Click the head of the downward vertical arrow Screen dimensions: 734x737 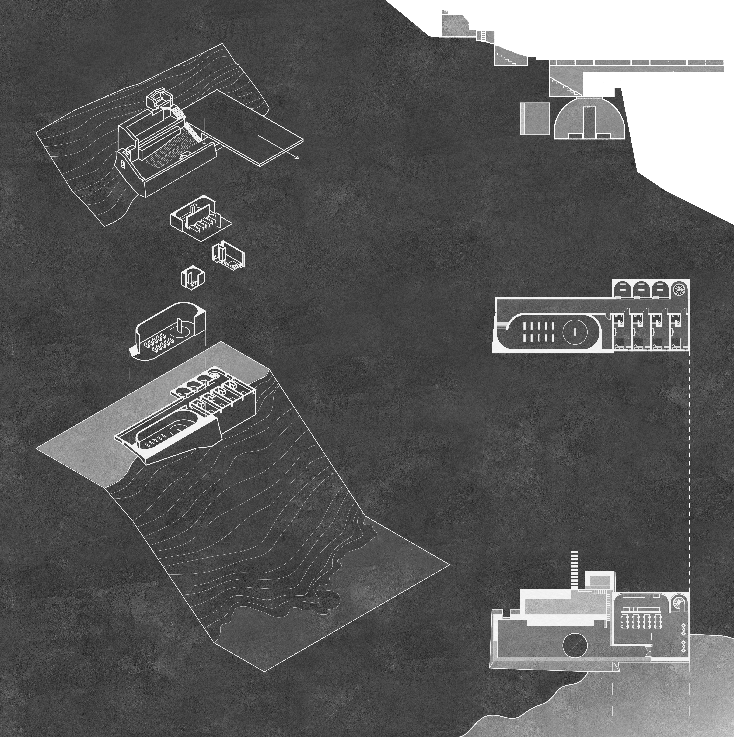coord(204,144)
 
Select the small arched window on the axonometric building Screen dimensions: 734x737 coord(123,165)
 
